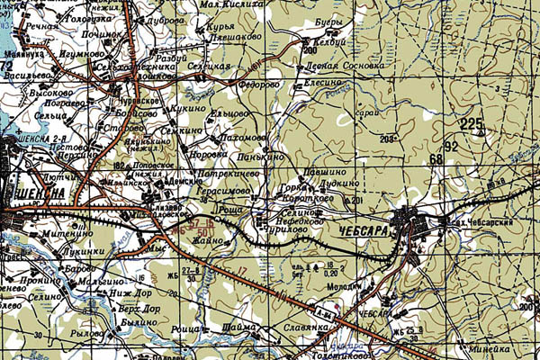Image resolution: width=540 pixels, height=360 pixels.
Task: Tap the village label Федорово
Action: tap(260, 85)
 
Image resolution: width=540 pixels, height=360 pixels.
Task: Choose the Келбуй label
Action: tap(329, 42)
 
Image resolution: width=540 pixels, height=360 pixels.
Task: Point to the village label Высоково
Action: tap(49, 92)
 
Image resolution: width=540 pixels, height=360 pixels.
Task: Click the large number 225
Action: tap(471, 124)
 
